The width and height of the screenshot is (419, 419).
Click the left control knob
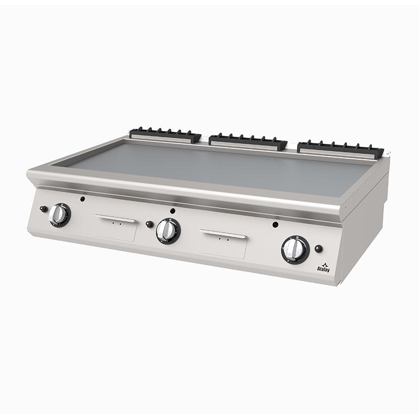point(59,215)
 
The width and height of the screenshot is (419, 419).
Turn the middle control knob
point(168,230)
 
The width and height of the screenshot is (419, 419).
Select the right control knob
point(295,249)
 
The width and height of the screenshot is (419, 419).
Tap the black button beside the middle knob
point(150,224)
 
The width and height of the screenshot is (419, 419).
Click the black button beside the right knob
point(318,249)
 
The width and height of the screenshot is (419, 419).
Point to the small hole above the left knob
point(82,199)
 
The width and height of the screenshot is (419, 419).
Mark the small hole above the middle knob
point(173,212)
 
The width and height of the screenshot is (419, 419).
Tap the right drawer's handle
point(224,234)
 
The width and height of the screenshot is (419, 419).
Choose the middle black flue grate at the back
point(248,141)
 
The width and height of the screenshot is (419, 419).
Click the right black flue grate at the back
point(340,148)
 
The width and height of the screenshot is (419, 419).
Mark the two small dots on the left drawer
point(116,224)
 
